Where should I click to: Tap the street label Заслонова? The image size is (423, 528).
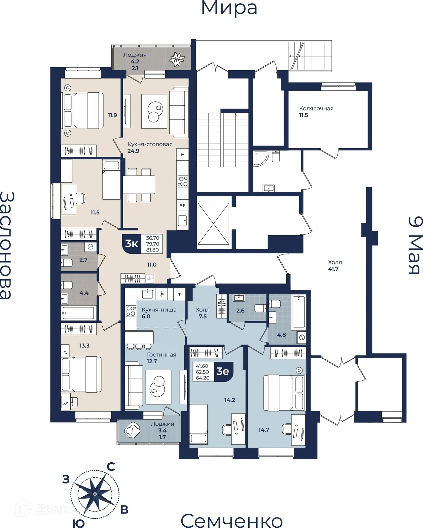7,245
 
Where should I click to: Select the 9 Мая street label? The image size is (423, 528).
416,245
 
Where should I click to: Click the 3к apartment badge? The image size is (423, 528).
131,244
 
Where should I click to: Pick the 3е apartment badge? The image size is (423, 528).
223,372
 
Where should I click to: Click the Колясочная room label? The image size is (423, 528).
316,109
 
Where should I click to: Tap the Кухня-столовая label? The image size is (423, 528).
150,144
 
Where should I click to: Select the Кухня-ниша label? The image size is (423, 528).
159,310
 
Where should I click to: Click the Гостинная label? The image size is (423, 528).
161,354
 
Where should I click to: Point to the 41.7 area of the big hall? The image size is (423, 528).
333,269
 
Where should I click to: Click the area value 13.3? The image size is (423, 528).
84,346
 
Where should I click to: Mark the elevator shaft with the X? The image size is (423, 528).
213,224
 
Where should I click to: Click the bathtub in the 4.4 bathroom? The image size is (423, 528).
78,313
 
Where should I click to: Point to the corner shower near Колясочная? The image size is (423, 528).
261,158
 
